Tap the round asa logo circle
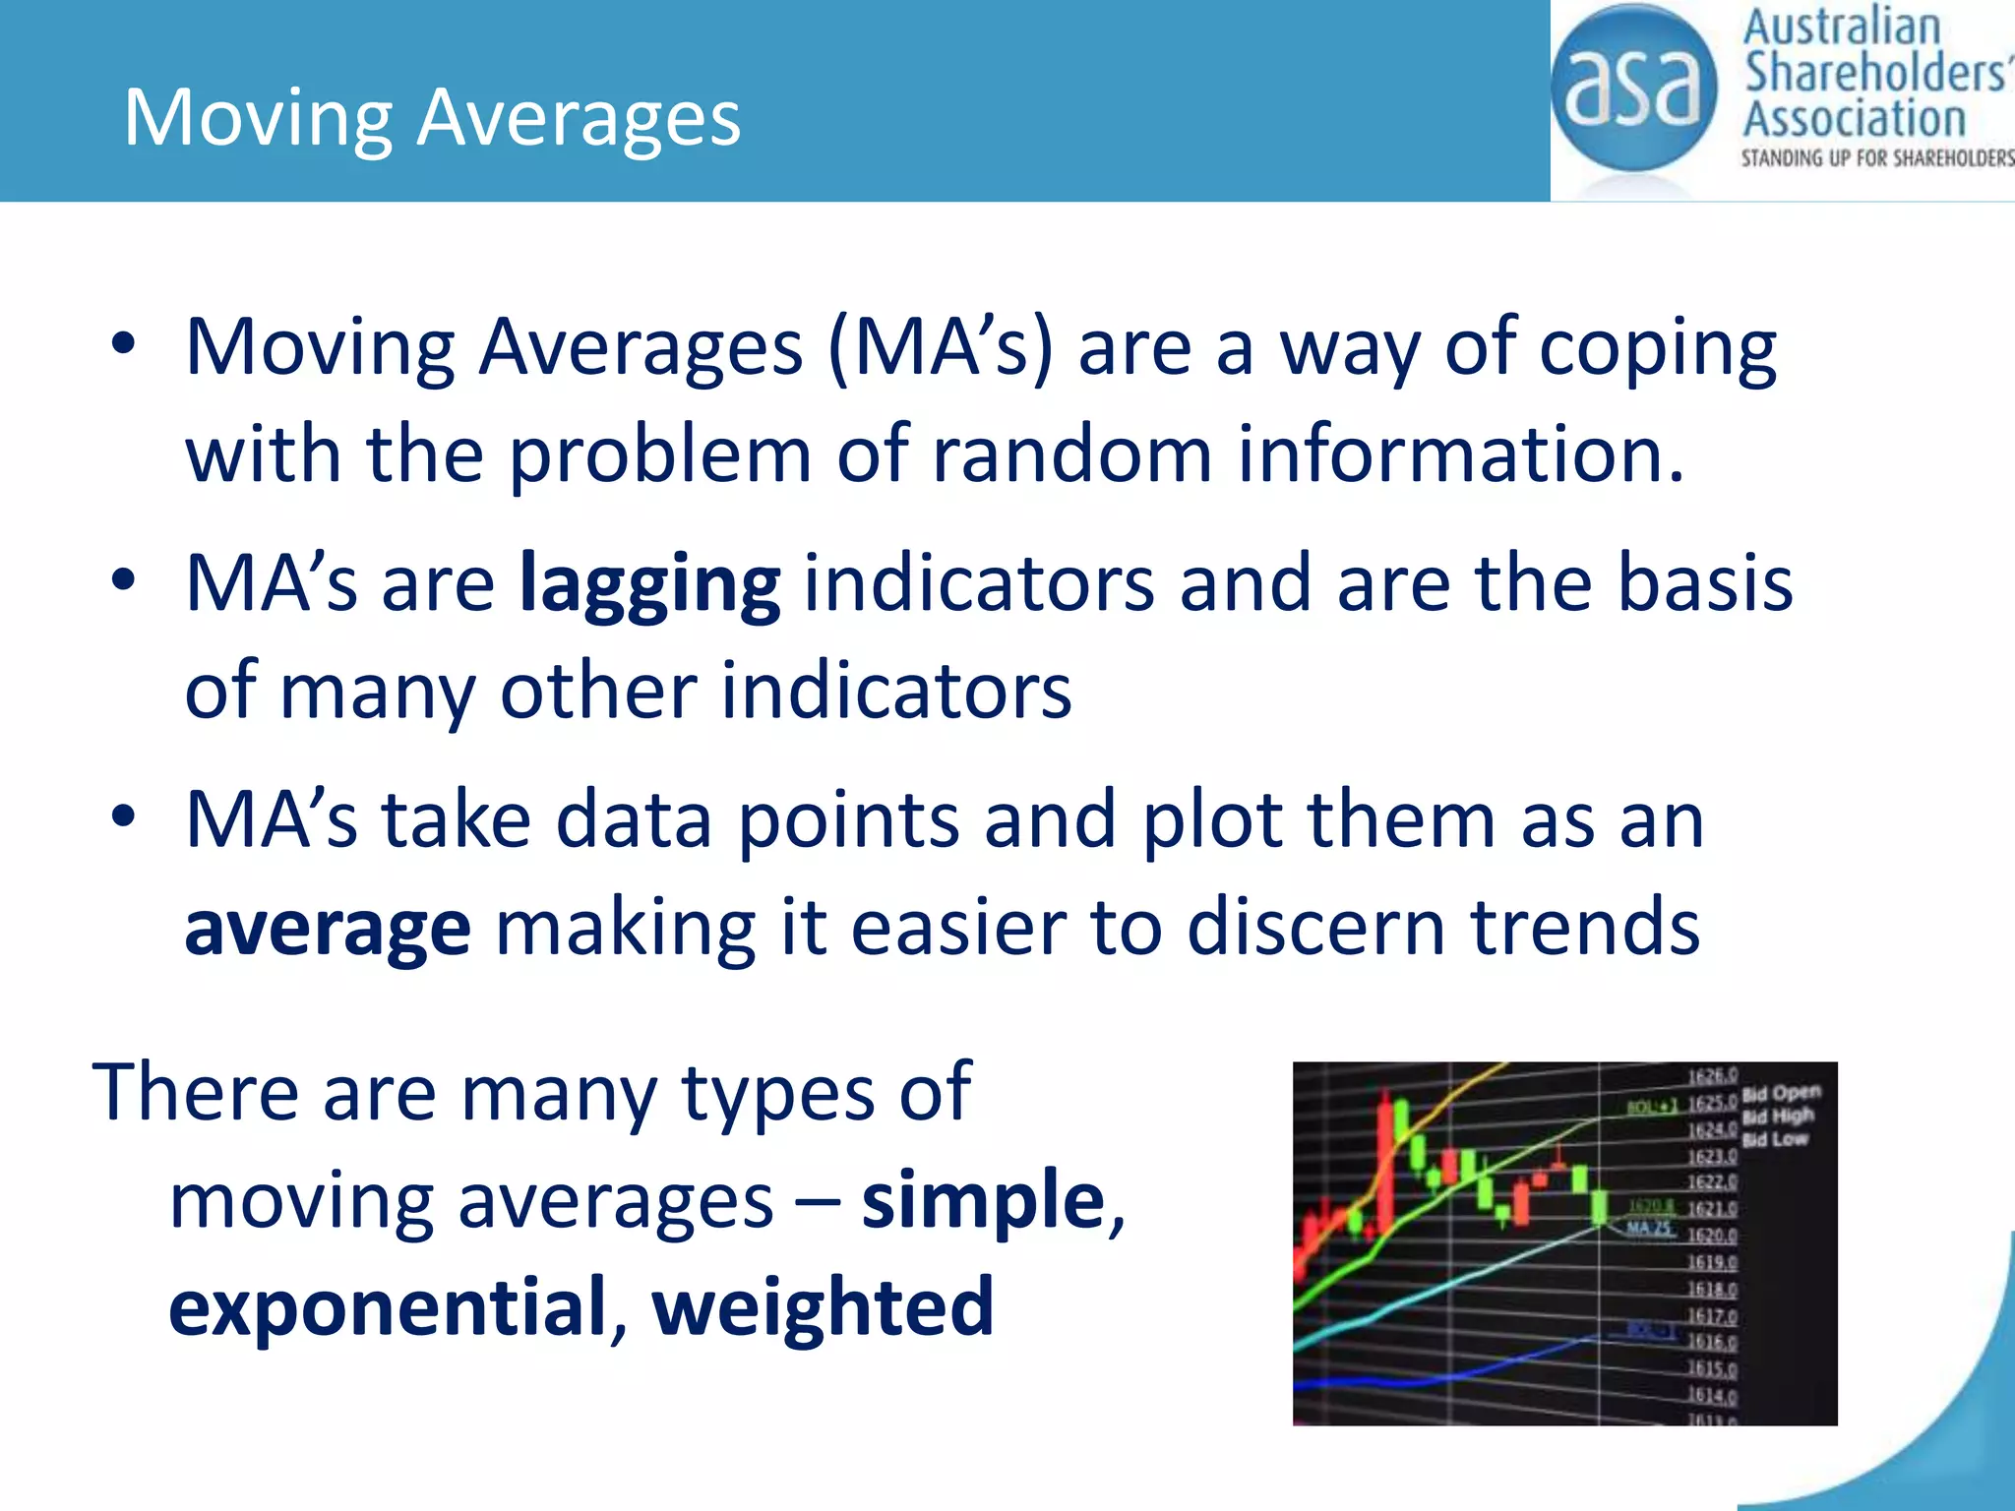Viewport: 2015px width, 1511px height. coord(1633,89)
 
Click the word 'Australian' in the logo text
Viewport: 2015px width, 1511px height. coord(1841,28)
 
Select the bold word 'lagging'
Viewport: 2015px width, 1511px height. coord(649,585)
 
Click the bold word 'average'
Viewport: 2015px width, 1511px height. coord(328,929)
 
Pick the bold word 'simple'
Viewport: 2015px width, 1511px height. coord(984,1201)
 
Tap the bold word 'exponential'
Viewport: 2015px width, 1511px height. coord(388,1307)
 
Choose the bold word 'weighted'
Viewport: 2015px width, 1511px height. coord(823,1307)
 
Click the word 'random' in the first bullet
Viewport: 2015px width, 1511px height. coord(1071,454)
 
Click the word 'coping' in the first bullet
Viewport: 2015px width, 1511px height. coord(1657,349)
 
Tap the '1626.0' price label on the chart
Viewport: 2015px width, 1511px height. coord(1712,1076)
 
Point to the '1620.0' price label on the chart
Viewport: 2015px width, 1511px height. coord(1712,1236)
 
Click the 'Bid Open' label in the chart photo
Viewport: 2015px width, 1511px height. coord(1781,1093)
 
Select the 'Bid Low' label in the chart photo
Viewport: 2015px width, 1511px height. coord(1775,1140)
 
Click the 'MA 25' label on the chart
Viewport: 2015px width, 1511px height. coord(1649,1229)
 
